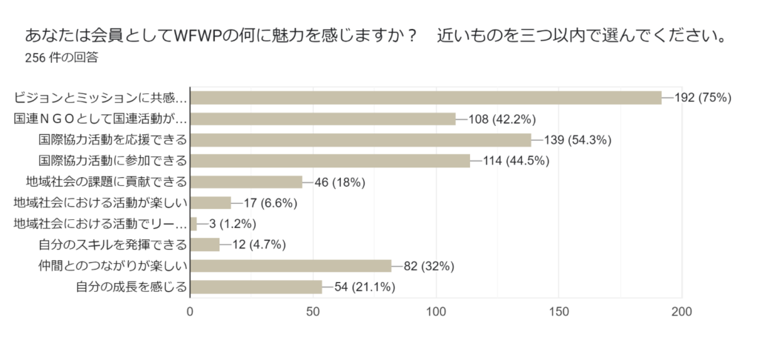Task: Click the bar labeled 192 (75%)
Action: tap(425, 98)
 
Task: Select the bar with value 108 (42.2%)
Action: tap(323, 119)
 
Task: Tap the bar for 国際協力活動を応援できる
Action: tap(361, 140)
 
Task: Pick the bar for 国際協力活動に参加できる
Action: tap(331, 161)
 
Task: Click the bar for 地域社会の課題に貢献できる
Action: tap(247, 181)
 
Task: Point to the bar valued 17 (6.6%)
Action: tap(211, 203)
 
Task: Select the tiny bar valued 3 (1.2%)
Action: tap(194, 224)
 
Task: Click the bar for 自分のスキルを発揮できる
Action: tap(205, 244)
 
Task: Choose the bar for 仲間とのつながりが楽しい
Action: tap(291, 266)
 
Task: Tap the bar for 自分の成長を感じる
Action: tap(256, 287)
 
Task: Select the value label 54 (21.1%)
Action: tap(365, 287)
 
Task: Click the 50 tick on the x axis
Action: tap(314, 312)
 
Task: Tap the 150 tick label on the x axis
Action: tap(558, 312)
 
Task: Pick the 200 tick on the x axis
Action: tap(681, 312)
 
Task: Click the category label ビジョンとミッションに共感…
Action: tap(101, 98)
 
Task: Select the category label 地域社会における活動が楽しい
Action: tap(101, 203)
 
